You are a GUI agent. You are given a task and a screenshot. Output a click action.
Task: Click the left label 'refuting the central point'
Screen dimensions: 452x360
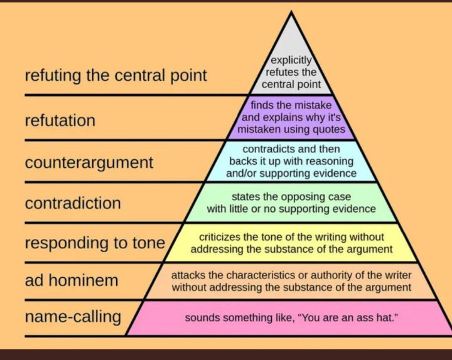tap(116, 77)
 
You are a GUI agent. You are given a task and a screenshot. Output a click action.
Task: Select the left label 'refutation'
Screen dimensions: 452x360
tap(60, 120)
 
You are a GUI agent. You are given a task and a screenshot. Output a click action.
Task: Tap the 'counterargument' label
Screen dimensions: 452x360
tap(89, 162)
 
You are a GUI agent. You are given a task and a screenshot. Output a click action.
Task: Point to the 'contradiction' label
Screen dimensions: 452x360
tap(72, 203)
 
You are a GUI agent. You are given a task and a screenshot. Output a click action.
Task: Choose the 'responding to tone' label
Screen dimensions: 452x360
tap(94, 243)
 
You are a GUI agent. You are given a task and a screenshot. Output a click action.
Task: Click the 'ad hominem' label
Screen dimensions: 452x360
tap(71, 280)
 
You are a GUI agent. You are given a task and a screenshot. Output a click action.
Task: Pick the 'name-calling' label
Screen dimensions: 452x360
tap(72, 317)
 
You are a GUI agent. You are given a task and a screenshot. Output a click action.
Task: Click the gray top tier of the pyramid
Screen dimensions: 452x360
tap(291, 50)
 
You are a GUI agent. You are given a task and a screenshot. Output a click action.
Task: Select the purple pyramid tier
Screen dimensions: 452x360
tap(291, 117)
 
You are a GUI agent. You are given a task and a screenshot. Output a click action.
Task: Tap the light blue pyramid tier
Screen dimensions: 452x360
tap(291, 161)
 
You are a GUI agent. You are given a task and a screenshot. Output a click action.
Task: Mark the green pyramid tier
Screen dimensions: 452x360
tap(291, 203)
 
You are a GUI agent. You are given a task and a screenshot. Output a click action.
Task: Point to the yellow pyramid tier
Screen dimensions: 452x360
tap(291, 243)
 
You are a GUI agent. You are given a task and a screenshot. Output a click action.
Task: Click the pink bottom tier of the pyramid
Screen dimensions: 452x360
tap(291, 318)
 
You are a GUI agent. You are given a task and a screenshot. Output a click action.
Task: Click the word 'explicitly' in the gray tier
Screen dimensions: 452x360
tap(291, 61)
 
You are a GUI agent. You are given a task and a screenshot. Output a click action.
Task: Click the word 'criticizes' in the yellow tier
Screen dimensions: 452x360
tap(221, 237)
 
